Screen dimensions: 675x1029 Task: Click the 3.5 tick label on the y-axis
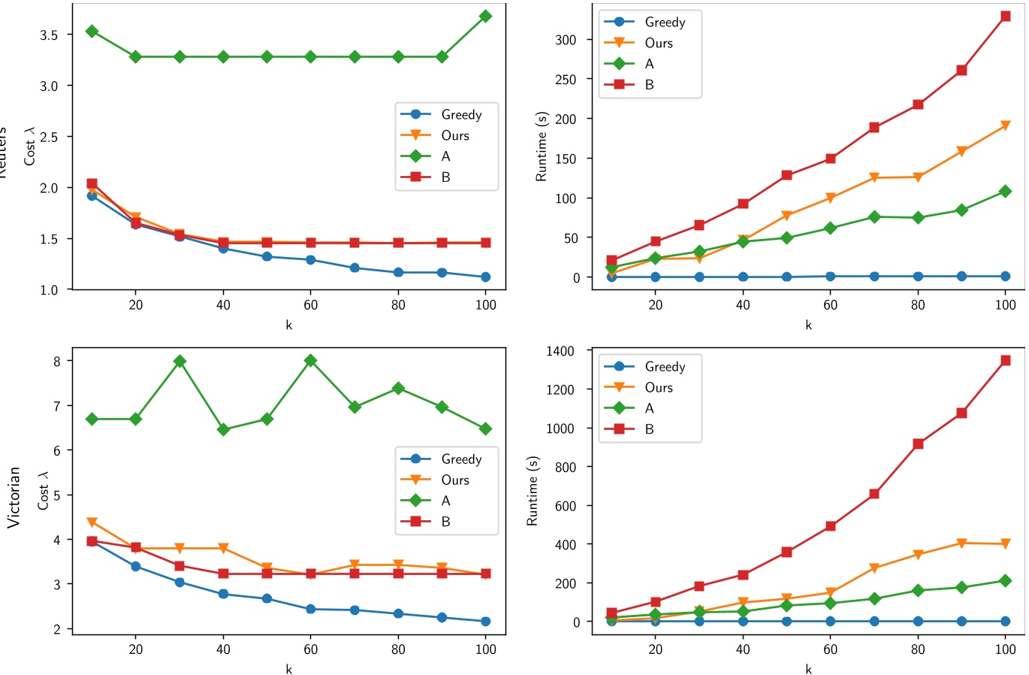point(50,35)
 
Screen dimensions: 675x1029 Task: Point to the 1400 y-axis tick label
point(560,351)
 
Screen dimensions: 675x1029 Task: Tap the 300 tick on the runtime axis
point(566,40)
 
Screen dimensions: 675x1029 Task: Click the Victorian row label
point(14,497)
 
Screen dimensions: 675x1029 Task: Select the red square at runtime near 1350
point(1005,361)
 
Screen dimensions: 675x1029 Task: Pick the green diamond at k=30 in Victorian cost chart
point(180,362)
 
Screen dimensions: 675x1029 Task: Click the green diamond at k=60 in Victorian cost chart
point(310,361)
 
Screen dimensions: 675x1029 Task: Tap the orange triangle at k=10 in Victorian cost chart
point(92,522)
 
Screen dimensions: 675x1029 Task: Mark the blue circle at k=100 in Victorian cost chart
point(485,622)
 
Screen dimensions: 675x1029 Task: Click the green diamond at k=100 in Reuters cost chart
point(485,17)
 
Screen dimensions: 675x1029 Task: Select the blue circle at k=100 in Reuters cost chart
point(485,277)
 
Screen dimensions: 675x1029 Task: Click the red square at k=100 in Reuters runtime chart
point(1005,17)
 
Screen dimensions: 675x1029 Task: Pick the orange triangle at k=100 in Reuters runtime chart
point(1005,126)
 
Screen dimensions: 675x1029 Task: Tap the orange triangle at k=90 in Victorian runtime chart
point(961,543)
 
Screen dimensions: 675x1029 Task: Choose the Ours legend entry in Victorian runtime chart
point(658,388)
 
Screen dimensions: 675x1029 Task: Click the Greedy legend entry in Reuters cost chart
point(460,115)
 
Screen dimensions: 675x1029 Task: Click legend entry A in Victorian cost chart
point(445,501)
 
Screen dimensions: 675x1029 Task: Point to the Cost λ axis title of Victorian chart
point(43,491)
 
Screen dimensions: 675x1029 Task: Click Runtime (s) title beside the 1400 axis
point(533,490)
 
